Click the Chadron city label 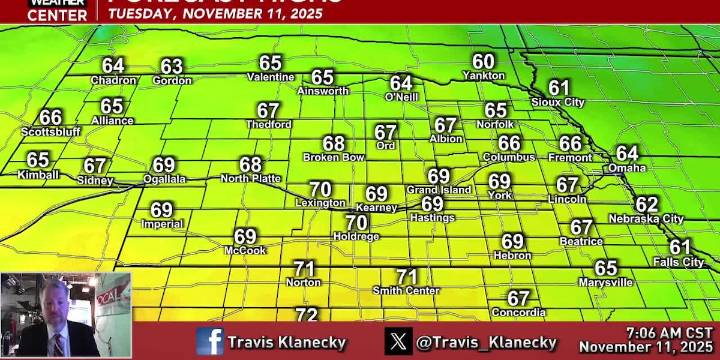click(113, 81)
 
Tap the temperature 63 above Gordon click(172, 67)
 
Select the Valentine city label click(270, 77)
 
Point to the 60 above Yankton click(483, 62)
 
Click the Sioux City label click(558, 102)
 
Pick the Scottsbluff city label click(50, 132)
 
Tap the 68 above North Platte click(251, 164)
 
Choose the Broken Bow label click(333, 157)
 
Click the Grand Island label click(439, 190)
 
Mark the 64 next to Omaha click(627, 153)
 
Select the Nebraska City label click(646, 218)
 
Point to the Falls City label click(679, 262)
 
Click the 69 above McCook click(245, 237)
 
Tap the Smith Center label click(406, 290)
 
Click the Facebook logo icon click(210, 341)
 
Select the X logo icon click(398, 341)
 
